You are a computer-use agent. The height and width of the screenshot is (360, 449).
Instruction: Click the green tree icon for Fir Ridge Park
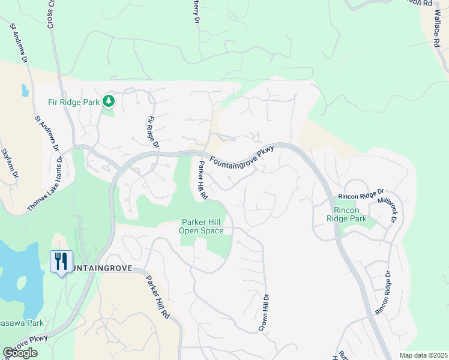[109, 101]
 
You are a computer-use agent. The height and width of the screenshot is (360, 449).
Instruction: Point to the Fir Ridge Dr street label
[152, 132]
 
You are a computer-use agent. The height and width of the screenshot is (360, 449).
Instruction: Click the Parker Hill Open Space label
[202, 227]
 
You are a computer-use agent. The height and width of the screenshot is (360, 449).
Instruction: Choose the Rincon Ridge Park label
[350, 215]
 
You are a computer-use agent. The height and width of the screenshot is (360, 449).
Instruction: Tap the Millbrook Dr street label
[388, 208]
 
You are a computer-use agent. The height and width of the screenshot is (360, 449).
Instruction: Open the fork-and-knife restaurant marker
[61, 262]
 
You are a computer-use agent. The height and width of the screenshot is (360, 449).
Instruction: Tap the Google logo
[20, 353]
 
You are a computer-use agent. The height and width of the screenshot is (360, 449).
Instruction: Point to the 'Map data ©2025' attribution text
[423, 355]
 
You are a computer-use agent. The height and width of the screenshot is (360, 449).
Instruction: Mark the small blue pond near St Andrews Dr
[25, 91]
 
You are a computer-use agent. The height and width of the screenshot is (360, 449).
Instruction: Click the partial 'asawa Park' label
[22, 323]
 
